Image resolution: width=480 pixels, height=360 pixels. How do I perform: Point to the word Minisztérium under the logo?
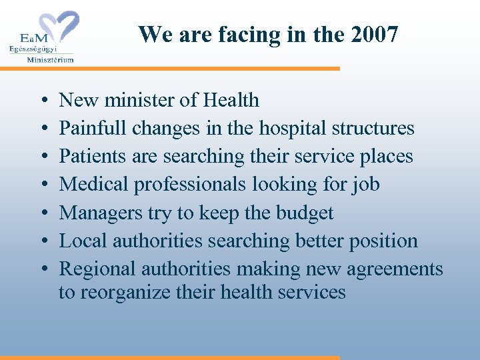click(50, 59)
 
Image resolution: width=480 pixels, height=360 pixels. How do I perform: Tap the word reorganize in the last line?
click(126, 292)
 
